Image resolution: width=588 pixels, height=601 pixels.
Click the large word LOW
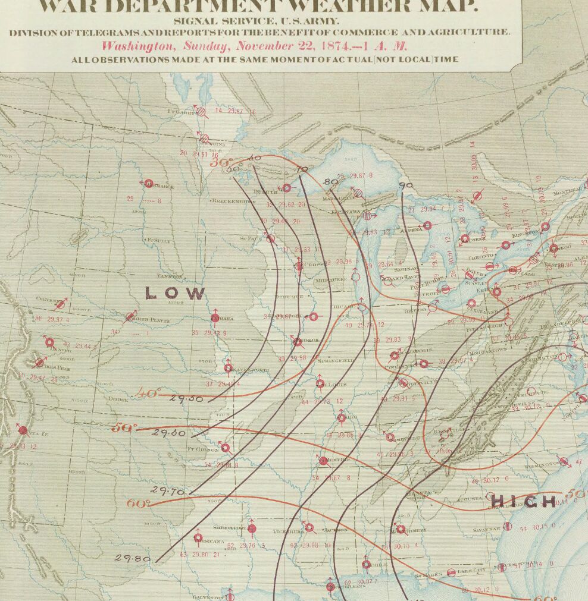176,293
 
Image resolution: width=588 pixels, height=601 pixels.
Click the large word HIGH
523,502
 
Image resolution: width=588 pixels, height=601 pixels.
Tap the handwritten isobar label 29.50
187,398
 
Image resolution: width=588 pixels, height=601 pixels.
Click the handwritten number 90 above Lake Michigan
406,185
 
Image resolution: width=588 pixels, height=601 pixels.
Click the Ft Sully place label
159,240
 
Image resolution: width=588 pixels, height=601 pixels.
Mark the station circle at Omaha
215,319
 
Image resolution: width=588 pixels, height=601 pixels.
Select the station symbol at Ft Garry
202,111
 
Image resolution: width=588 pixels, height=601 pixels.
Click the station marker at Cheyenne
60,305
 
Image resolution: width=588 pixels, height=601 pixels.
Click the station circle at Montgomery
401,528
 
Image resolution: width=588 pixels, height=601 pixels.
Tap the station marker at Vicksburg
309,527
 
